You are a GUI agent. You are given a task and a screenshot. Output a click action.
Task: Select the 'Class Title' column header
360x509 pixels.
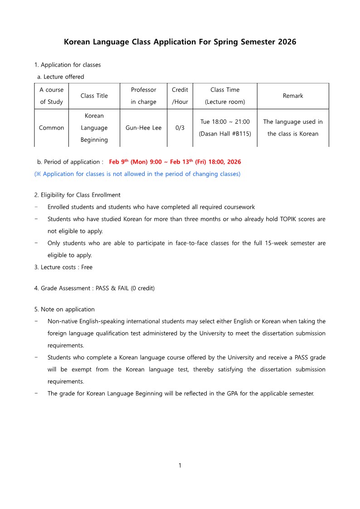coord(94,96)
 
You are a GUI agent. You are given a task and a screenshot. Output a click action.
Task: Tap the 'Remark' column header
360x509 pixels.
coord(292,96)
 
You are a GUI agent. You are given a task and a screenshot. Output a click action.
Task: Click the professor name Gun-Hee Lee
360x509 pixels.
coord(143,128)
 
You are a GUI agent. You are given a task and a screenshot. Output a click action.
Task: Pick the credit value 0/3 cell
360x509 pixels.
coord(180,128)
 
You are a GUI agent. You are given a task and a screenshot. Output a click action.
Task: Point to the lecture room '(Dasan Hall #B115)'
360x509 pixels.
coord(225,134)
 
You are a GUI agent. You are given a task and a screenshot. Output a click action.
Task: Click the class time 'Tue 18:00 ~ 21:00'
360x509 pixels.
coord(225,122)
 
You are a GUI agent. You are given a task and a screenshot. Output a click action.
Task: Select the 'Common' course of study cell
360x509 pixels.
coord(51,128)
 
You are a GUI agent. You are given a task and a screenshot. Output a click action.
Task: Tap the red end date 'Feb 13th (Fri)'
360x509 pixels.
coord(188,162)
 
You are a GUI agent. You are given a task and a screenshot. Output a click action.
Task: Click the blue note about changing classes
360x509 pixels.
coord(137,174)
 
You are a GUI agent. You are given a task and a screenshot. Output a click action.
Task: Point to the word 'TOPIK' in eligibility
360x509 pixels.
coord(286,219)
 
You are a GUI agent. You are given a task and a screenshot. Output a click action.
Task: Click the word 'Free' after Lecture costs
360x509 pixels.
coord(87,267)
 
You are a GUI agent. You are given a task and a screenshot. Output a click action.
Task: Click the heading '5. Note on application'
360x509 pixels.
coord(64,310)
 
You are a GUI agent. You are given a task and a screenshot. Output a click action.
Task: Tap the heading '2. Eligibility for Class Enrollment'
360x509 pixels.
coord(77,195)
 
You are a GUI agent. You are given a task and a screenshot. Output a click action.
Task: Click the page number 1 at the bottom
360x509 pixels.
coord(180,465)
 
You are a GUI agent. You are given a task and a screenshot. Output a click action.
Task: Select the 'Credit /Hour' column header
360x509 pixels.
coord(180,96)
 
